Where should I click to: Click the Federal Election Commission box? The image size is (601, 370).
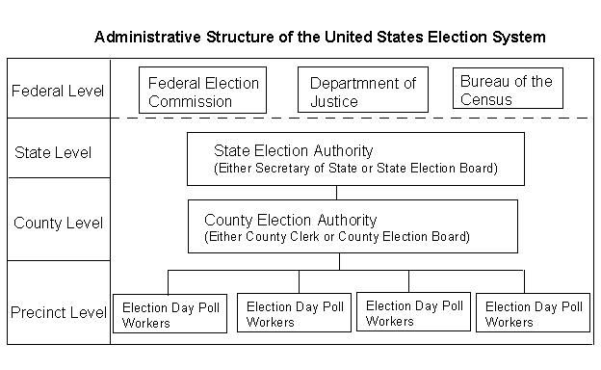point(202,91)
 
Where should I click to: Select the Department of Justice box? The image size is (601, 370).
point(363,90)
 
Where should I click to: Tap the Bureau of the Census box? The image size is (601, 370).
point(508,89)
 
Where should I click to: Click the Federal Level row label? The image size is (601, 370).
point(58,92)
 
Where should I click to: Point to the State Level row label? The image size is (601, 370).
point(53,152)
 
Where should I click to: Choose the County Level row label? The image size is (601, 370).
point(58,224)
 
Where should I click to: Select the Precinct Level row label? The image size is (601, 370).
point(59,312)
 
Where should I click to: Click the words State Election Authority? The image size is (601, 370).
point(293,150)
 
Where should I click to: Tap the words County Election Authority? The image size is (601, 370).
point(291,220)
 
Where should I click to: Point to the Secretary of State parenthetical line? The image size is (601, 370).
point(355,169)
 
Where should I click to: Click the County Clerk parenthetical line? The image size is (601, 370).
point(337,237)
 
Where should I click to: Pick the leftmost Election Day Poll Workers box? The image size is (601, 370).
point(170,314)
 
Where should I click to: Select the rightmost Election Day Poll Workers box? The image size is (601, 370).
point(533,312)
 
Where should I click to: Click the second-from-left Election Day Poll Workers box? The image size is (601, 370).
point(294,312)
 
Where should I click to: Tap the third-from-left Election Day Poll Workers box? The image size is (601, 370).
point(413,312)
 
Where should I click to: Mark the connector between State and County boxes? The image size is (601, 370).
point(336,193)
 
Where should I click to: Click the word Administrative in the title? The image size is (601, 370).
point(147,38)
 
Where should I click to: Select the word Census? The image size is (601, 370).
point(486,99)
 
